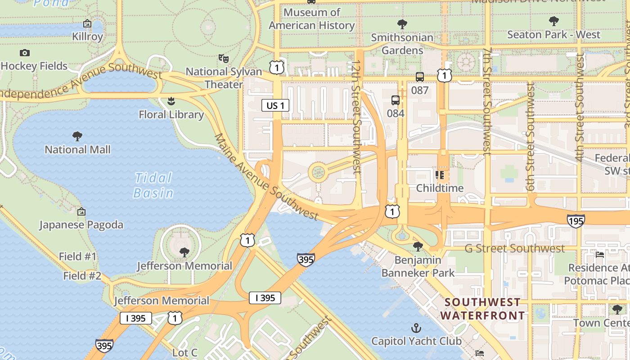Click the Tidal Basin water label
point(153,185)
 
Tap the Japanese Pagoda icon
point(81,211)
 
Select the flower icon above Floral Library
point(171,101)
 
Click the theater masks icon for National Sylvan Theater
point(224,58)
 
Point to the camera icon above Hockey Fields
point(25,53)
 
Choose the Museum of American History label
point(311,19)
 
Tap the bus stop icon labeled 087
point(420,77)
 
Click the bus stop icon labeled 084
point(396,100)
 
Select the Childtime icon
point(440,175)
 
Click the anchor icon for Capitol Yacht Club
point(416,328)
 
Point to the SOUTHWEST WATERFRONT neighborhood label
point(482,309)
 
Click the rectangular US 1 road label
point(275,106)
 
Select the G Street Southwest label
point(514,248)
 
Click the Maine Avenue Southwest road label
point(266,177)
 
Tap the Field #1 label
point(78,256)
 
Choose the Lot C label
point(185,352)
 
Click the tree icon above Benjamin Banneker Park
point(418,246)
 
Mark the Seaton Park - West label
point(553,35)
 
